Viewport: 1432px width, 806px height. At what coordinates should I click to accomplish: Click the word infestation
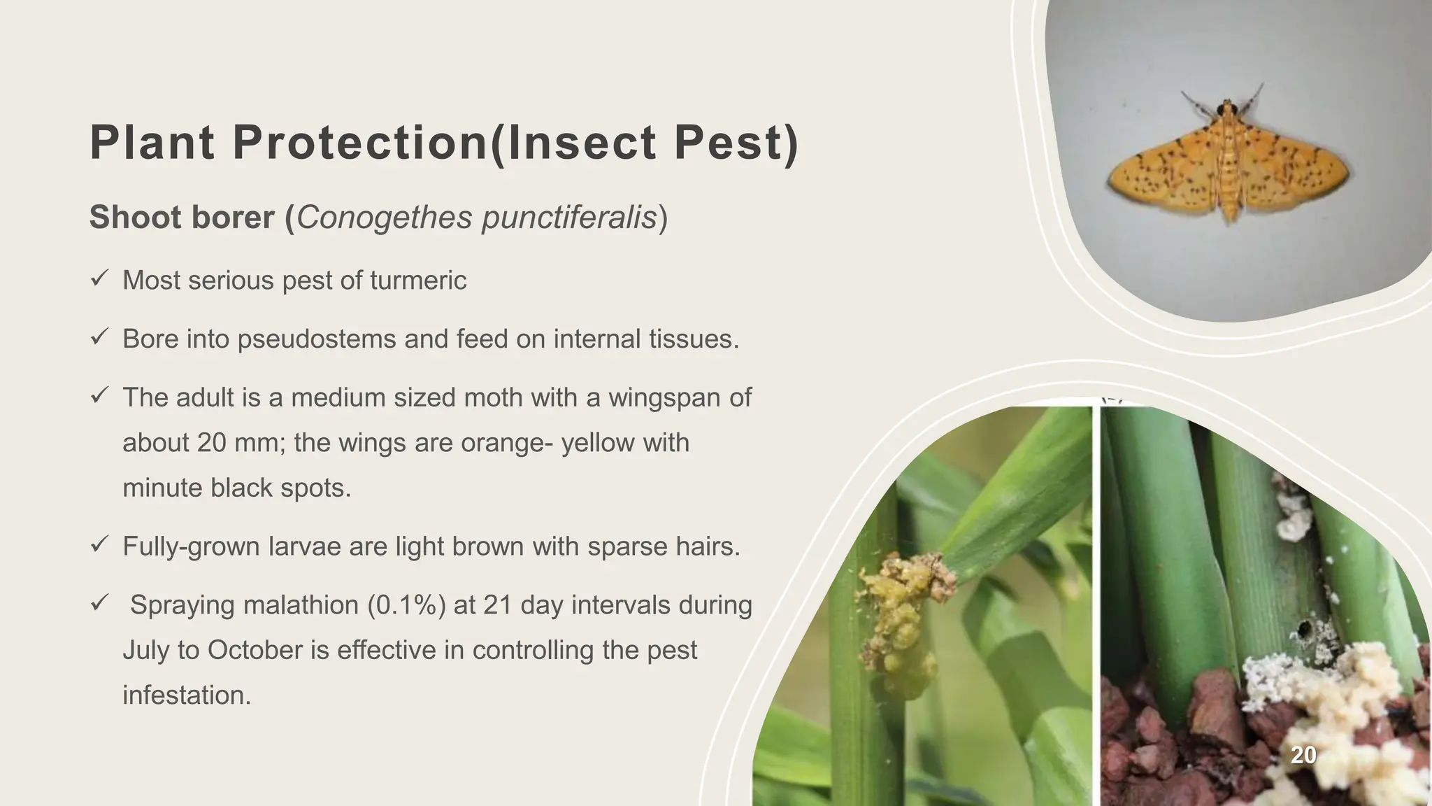coord(186,695)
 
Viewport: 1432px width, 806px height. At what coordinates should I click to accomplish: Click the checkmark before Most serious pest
coord(99,279)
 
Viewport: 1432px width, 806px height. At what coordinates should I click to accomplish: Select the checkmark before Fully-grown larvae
coord(99,544)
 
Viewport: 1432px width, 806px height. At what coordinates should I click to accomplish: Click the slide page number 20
coord(1303,755)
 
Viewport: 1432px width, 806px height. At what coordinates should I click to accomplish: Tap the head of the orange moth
coord(1224,109)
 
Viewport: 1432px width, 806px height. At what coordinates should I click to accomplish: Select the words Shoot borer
coord(182,218)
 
